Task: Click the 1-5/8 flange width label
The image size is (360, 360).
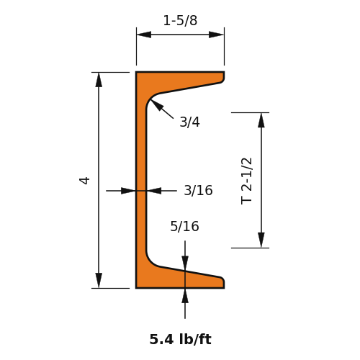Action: click(180, 21)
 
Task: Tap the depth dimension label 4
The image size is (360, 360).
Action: click(84, 181)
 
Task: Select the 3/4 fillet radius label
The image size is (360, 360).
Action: click(190, 122)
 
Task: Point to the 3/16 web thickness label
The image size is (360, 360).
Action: click(198, 191)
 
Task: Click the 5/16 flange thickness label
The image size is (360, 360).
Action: click(184, 226)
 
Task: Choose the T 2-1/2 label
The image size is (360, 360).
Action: click(246, 181)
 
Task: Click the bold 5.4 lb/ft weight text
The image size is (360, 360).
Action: click(181, 339)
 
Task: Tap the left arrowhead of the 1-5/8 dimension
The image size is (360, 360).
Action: click(144, 35)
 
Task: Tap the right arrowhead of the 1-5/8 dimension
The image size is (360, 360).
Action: click(216, 35)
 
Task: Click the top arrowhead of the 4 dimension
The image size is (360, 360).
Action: click(99, 80)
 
